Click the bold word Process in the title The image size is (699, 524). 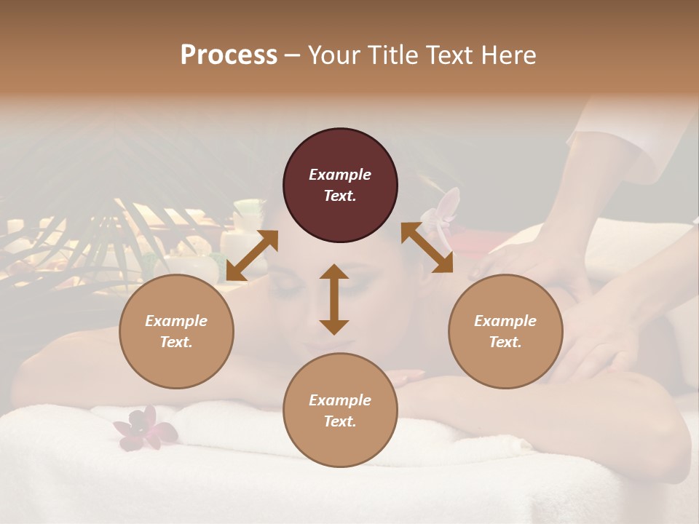[229, 55]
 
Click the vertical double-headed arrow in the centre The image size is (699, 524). [334, 299]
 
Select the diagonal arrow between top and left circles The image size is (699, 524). [252, 255]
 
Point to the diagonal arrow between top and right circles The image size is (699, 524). [427, 247]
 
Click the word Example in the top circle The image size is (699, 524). [340, 175]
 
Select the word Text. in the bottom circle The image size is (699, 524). [340, 421]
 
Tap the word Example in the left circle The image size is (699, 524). [176, 321]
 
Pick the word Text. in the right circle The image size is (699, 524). [505, 342]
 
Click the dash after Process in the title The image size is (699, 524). [292, 56]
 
